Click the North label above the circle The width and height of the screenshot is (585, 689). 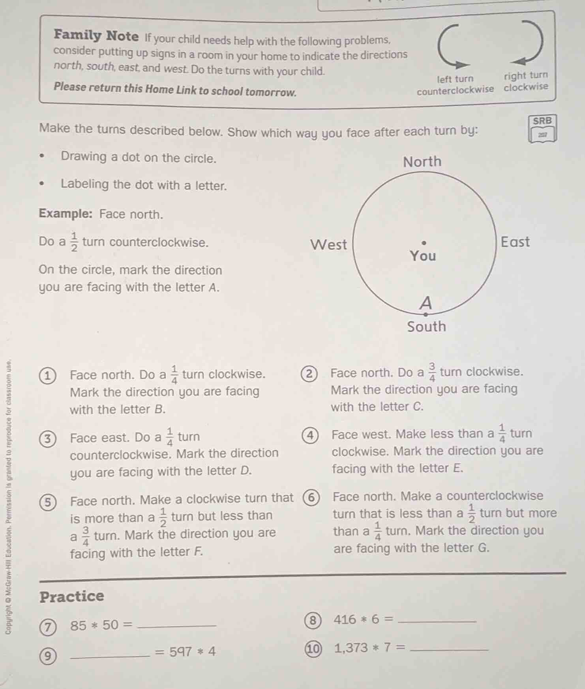[x=422, y=162]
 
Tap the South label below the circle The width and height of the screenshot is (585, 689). [x=426, y=327]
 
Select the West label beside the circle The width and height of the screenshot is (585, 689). [x=328, y=245]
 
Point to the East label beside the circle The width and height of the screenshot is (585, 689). [x=515, y=242]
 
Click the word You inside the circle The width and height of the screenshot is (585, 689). [x=423, y=256]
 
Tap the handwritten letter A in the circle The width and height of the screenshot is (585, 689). [x=426, y=303]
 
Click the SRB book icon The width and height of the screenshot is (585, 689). [x=542, y=129]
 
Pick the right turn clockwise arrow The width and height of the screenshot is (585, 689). [x=529, y=43]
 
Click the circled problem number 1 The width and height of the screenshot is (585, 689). [x=48, y=375]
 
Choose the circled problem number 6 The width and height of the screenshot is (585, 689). [x=311, y=498]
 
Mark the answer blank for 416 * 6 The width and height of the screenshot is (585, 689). [x=437, y=620]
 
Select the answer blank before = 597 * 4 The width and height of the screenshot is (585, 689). [x=109, y=653]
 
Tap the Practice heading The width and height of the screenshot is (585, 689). [x=72, y=596]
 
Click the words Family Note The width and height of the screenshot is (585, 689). [x=96, y=36]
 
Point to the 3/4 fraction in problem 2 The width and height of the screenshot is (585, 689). [x=432, y=372]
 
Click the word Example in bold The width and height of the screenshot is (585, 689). [x=66, y=214]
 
